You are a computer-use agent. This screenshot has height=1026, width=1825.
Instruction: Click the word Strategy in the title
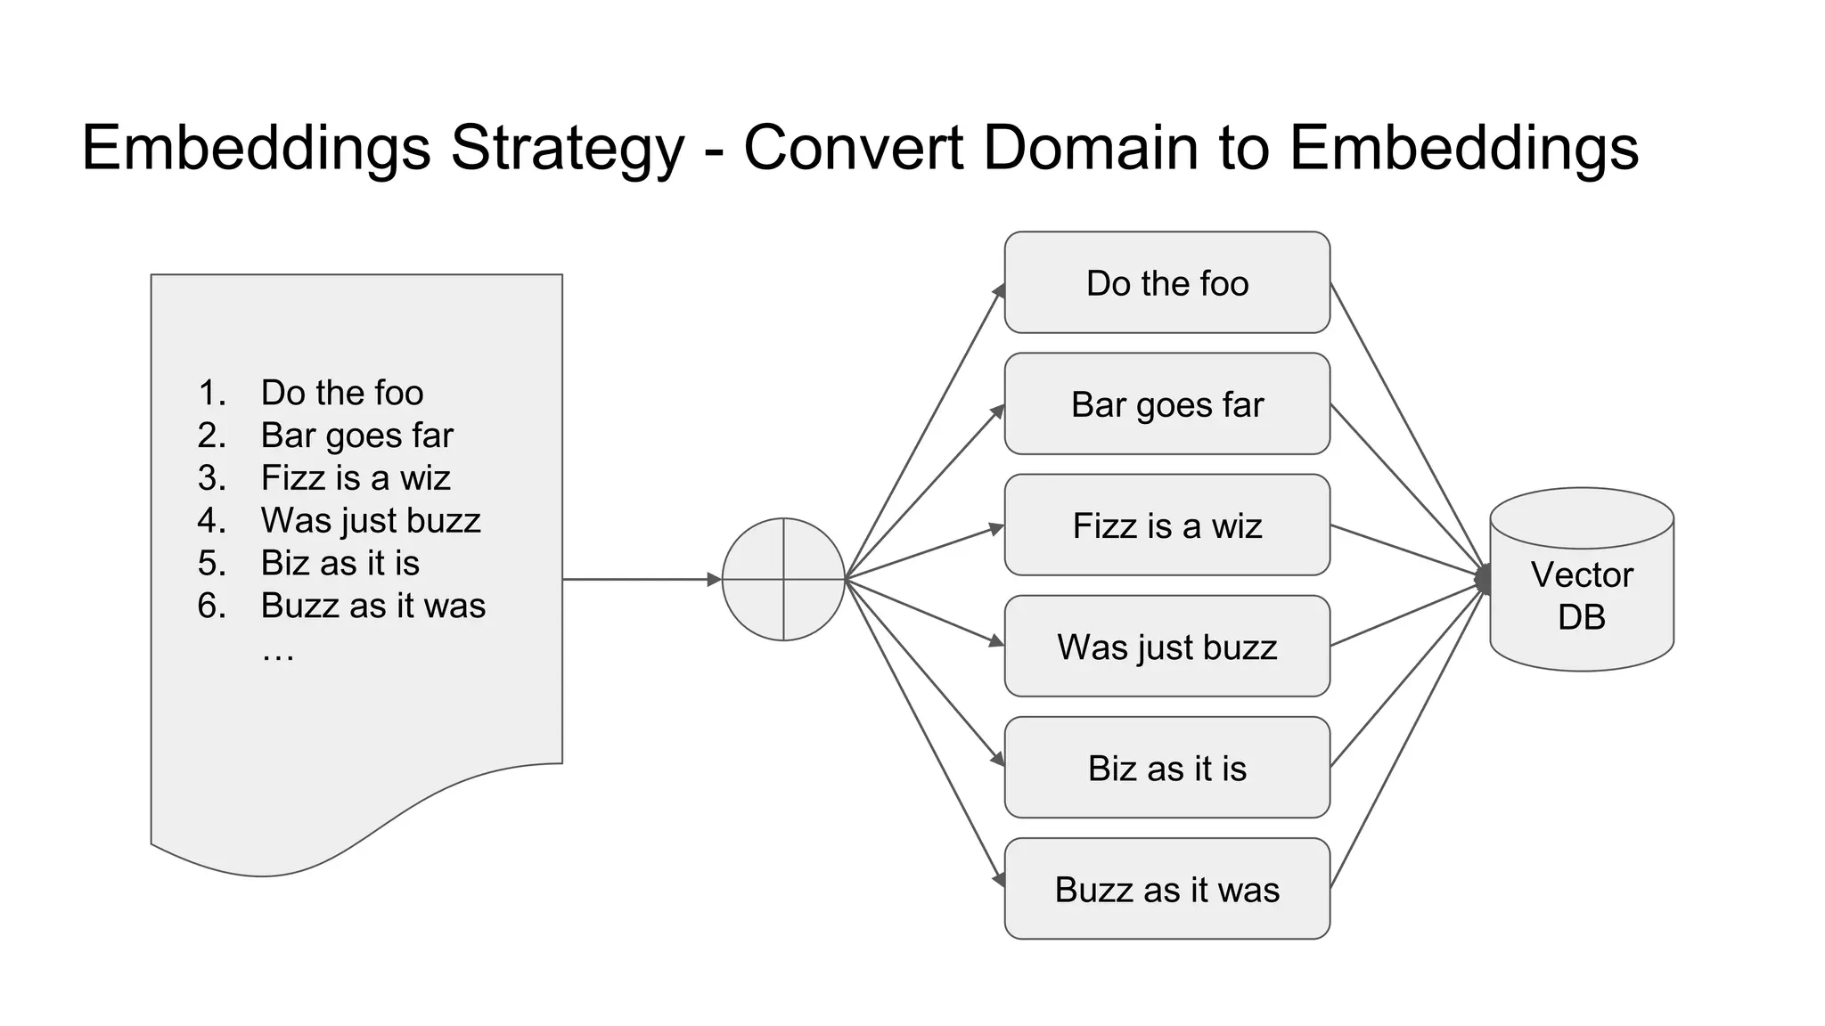(568, 148)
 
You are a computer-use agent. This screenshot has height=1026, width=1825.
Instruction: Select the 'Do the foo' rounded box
(1166, 283)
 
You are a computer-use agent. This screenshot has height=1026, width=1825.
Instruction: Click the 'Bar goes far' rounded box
(1166, 404)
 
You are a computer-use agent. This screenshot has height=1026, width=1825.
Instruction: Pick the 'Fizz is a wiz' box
(1166, 525)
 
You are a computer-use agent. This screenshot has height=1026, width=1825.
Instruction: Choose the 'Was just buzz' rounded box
(1166, 647)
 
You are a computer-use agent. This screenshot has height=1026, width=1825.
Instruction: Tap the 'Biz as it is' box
(1166, 768)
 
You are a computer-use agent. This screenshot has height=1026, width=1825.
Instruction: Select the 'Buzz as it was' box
(1166, 889)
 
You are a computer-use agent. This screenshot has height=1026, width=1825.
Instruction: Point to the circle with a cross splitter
(783, 579)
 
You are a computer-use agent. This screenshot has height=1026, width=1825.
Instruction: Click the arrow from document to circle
(637, 579)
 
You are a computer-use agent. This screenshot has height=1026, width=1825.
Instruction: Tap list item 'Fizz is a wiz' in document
(356, 478)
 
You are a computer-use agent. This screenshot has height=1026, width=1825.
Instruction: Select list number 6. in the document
(212, 606)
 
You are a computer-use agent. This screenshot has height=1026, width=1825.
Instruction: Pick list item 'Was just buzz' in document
(371, 520)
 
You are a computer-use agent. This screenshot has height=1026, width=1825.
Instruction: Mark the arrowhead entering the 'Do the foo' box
(999, 291)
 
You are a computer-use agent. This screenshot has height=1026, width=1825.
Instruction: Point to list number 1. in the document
(212, 393)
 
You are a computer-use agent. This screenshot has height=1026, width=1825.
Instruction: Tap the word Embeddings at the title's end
(1463, 148)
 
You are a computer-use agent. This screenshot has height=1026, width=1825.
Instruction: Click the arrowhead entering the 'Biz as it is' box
(998, 759)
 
